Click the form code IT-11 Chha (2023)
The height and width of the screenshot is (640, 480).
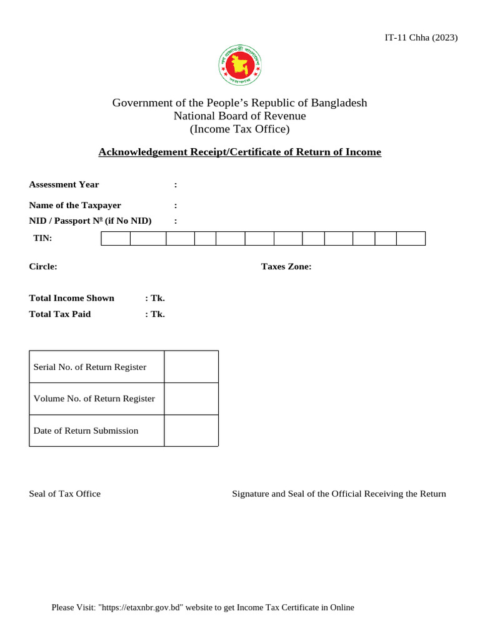tap(421, 37)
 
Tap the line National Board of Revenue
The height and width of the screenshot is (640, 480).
tap(239, 116)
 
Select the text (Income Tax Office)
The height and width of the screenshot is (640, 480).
tap(239, 129)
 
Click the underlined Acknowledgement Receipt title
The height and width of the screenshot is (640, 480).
tap(239, 152)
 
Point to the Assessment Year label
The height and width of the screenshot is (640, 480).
tap(64, 184)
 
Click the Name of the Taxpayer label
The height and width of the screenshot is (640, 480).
tap(75, 205)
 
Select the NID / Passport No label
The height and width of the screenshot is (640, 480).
tap(90, 221)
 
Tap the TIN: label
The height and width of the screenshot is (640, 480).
tap(42, 238)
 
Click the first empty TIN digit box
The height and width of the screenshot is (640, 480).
tap(116, 238)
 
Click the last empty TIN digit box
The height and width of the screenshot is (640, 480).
tap(411, 238)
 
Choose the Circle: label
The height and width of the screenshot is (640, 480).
tap(43, 266)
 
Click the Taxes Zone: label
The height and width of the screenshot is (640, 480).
tap(286, 266)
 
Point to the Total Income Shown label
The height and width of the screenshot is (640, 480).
tap(71, 298)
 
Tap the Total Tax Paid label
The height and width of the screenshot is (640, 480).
tap(60, 314)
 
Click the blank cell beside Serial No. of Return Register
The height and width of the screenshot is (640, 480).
tap(191, 367)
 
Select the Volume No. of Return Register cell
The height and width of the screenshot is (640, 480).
tap(94, 399)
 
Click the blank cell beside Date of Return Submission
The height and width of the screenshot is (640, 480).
tap(191, 431)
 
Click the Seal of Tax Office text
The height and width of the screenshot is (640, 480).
tap(65, 494)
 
